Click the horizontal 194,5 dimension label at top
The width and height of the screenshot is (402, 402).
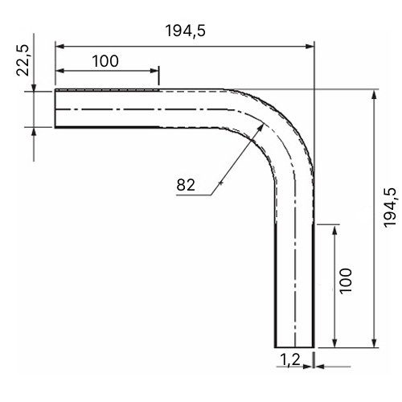pyautogui.click(x=186, y=31)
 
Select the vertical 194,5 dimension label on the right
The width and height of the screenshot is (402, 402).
pyautogui.click(x=390, y=207)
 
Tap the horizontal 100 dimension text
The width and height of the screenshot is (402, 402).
pyautogui.click(x=105, y=61)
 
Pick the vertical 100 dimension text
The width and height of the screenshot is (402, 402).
pyautogui.click(x=346, y=281)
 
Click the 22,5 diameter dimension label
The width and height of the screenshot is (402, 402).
pyautogui.click(x=23, y=60)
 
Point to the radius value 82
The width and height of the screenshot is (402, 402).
pyautogui.click(x=186, y=185)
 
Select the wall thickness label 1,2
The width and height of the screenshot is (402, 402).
pyautogui.click(x=290, y=359)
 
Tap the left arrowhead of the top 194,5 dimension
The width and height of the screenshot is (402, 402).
pyautogui.click(x=60, y=47)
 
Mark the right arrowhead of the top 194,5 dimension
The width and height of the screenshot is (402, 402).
pyautogui.click(x=310, y=47)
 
